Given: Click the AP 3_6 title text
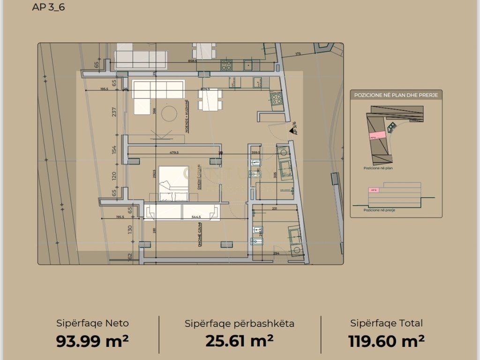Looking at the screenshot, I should coord(49,7).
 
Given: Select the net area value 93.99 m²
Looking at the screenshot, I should coord(92,341).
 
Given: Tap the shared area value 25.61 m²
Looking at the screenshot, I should coord(240,341).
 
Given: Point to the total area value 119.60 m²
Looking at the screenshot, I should coord(387,341).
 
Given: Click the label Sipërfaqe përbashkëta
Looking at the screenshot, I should coord(240,323).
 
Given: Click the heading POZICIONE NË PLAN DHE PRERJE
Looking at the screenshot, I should coord(396,95).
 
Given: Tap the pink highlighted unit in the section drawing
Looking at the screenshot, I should coord(374,190).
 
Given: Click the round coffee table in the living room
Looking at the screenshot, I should coord(169,113).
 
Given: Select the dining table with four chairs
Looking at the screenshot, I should coord(209,99).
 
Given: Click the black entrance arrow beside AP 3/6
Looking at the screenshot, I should coord(292,133).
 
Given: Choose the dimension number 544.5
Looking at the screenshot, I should coord(196,217).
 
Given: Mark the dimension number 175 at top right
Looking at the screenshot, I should coord(298,54).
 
